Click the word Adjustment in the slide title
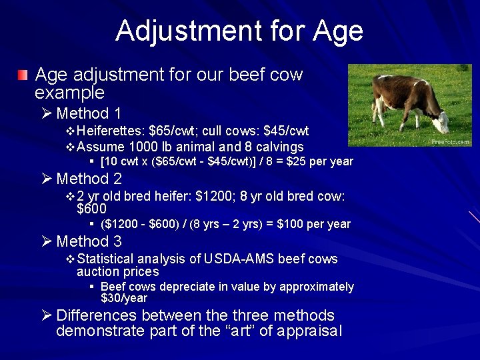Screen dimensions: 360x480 pyautogui.click(x=187, y=31)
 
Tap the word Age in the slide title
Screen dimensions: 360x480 pyautogui.click(x=336, y=31)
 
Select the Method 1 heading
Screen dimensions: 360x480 pyautogui.click(x=89, y=113)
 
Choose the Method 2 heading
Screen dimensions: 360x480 pyautogui.click(x=89, y=179)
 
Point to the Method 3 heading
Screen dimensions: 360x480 pyautogui.click(x=89, y=241)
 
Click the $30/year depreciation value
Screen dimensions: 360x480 pyautogui.click(x=124, y=298)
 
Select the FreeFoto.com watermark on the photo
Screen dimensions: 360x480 pyautogui.click(x=451, y=142)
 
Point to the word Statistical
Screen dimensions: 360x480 pyautogui.click(x=105, y=259)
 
